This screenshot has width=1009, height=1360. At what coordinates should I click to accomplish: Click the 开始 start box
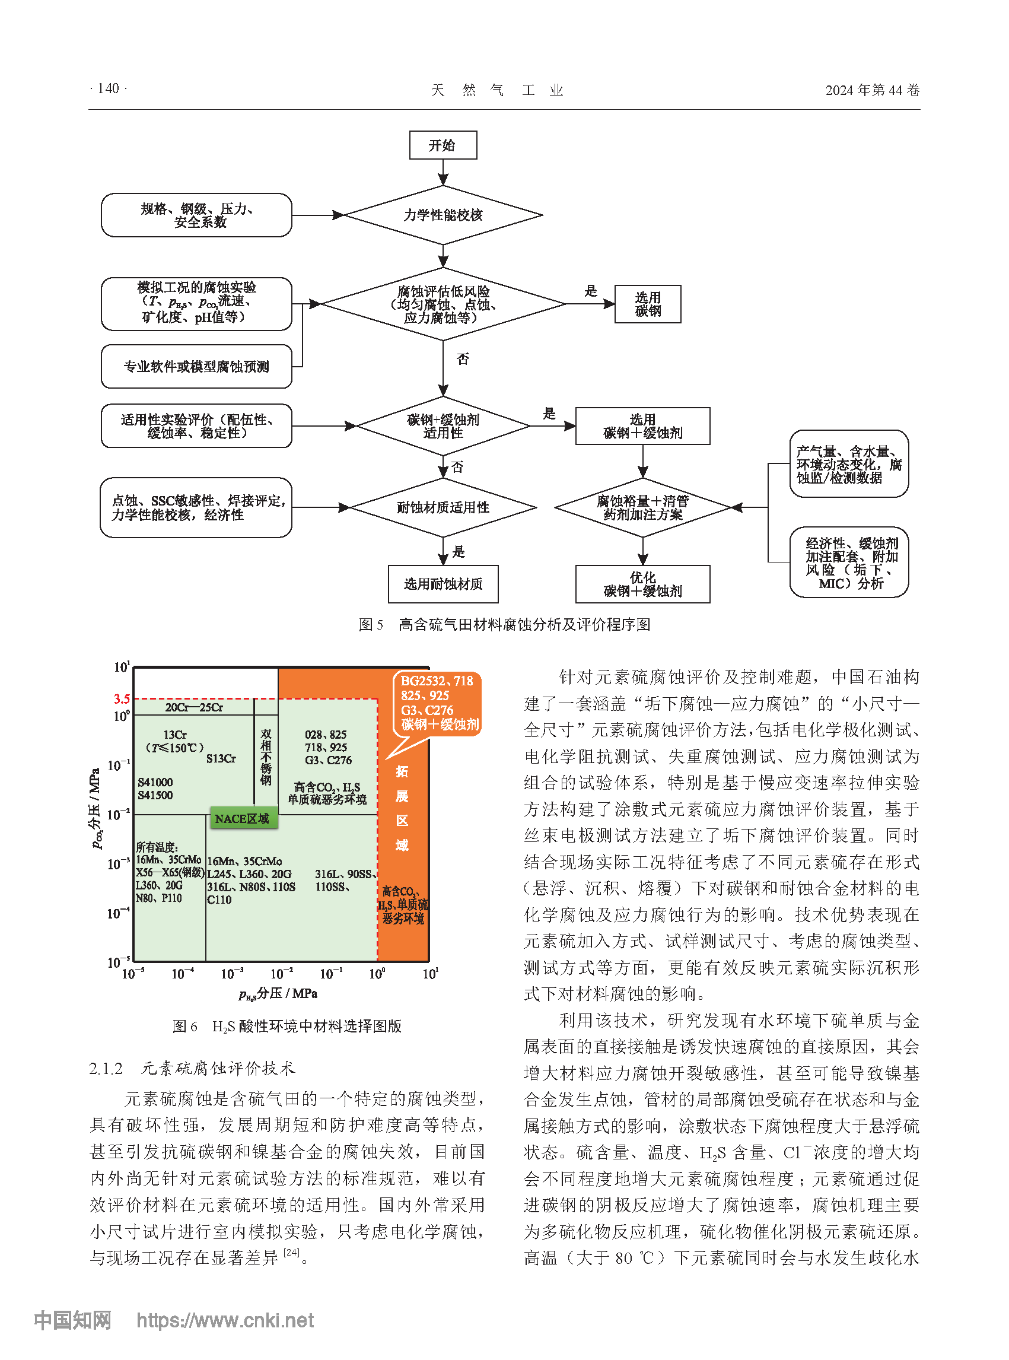click(443, 145)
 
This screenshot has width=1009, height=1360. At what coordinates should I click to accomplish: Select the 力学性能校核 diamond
click(443, 215)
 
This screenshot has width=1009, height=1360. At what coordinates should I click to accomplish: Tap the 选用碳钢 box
click(647, 304)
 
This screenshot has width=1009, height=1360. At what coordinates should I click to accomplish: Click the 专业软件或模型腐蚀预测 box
click(196, 366)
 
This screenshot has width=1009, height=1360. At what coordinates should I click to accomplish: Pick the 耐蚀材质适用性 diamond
click(443, 507)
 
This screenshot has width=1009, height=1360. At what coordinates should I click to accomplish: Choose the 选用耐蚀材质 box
click(443, 584)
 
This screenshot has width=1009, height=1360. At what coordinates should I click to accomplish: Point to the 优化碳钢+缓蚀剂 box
click(642, 584)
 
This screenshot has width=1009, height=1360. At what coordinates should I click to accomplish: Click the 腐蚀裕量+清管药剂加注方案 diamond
click(642, 507)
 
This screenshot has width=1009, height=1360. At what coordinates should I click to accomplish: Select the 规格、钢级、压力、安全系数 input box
click(196, 215)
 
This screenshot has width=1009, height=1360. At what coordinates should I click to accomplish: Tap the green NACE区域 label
click(243, 818)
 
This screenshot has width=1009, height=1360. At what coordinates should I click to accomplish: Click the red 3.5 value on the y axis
click(122, 698)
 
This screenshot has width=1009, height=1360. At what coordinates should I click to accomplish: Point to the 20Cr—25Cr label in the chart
click(193, 707)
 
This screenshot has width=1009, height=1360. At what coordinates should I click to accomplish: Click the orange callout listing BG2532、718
click(437, 703)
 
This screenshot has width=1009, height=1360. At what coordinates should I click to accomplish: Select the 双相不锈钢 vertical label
click(266, 757)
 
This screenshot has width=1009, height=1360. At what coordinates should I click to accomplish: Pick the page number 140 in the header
click(108, 88)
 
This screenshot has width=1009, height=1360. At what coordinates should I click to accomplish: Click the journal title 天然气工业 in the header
click(497, 90)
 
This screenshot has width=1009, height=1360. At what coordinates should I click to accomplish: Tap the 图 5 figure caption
click(504, 624)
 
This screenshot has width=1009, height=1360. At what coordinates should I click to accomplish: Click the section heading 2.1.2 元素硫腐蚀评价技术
click(192, 1068)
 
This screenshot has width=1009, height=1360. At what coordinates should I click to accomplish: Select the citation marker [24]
click(291, 1252)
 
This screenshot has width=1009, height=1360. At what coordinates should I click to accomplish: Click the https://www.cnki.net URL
click(225, 1320)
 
